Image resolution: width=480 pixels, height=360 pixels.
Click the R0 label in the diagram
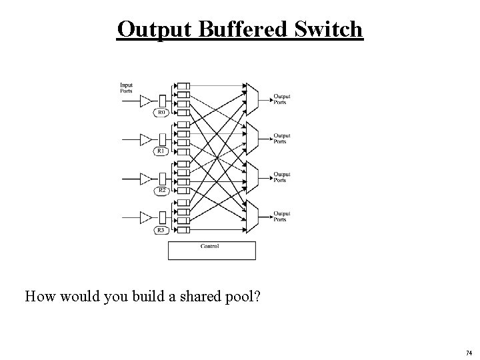pyautogui.click(x=161, y=113)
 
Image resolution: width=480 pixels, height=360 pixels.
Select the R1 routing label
pyautogui.click(x=161, y=151)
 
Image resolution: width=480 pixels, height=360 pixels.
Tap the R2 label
pyautogui.click(x=161, y=191)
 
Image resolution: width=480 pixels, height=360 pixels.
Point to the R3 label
pyautogui.click(x=161, y=230)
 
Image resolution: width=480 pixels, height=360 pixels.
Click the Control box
pyautogui.click(x=211, y=249)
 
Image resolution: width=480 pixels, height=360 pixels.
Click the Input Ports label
pyautogui.click(x=127, y=87)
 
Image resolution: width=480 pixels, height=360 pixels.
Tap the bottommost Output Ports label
pyautogui.click(x=281, y=216)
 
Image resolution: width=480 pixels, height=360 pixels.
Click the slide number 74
pyautogui.click(x=469, y=353)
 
